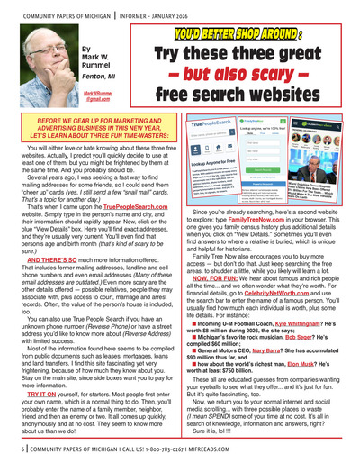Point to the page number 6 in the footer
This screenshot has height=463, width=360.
click(x=17, y=448)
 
